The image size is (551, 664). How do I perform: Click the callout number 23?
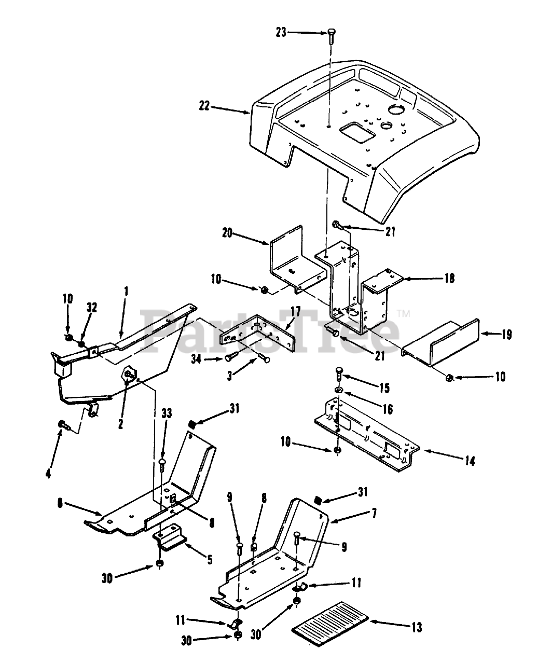281,32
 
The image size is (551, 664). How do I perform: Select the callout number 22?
203,106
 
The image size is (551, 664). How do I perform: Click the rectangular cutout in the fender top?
357,131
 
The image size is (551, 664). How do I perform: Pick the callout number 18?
449,279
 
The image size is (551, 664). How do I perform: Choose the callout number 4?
48,459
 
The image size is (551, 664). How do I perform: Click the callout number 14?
470,460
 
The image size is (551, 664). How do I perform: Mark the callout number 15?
384,388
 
